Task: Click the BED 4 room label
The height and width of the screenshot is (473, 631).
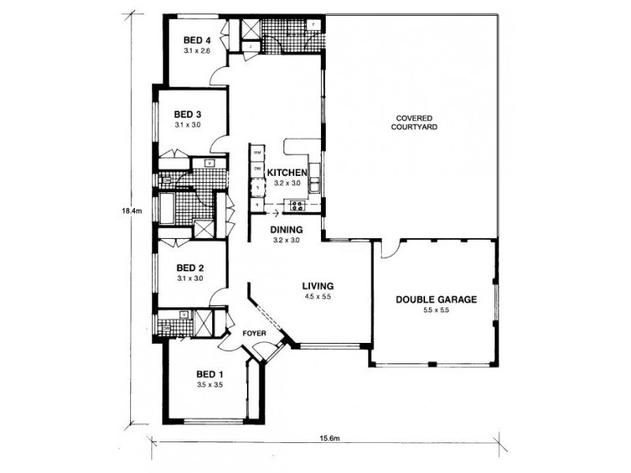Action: click(x=197, y=40)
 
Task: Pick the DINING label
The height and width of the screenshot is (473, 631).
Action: click(x=285, y=229)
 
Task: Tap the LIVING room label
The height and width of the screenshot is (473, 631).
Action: click(x=319, y=285)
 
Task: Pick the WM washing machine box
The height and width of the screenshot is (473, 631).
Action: click(x=257, y=151)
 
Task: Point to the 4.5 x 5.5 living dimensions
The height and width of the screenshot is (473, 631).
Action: click(x=319, y=297)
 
